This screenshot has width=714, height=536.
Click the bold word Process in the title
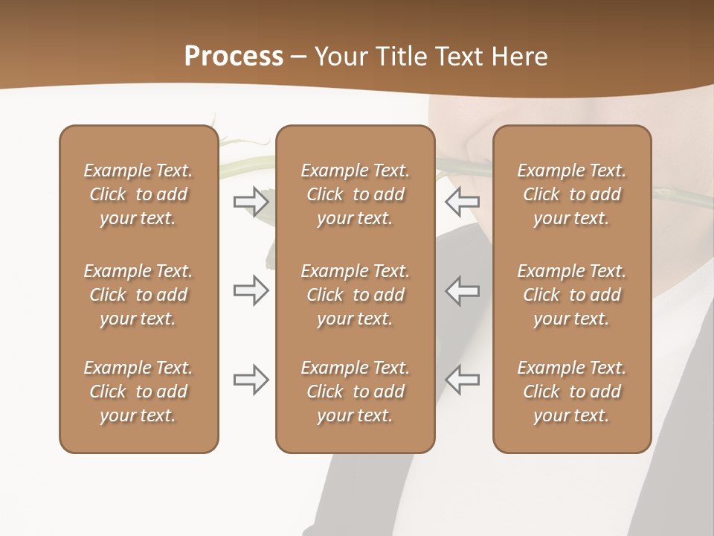pyautogui.click(x=234, y=56)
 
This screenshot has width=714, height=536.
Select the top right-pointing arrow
pyautogui.click(x=251, y=202)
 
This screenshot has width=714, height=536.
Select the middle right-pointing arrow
pyautogui.click(x=251, y=290)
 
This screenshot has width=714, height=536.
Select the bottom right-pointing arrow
pyautogui.click(x=251, y=380)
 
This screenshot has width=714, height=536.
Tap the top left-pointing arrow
pyautogui.click(x=462, y=202)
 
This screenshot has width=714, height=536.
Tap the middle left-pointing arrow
pyautogui.click(x=462, y=290)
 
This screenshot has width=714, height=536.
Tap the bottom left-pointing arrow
pyautogui.click(x=462, y=380)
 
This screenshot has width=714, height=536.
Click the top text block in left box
pyautogui.click(x=138, y=194)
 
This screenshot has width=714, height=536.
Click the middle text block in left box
pyautogui.click(x=138, y=295)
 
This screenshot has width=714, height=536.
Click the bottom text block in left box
pyautogui.click(x=138, y=392)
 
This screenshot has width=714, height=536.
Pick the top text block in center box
pyautogui.click(x=355, y=194)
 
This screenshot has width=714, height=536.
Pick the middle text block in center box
pyautogui.click(x=355, y=295)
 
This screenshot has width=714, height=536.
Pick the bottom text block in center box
pyautogui.click(x=355, y=392)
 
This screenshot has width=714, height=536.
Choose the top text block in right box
pyautogui.click(x=571, y=194)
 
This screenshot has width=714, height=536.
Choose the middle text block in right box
pyautogui.click(x=571, y=295)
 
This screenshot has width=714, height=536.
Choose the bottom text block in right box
pyautogui.click(x=571, y=392)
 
